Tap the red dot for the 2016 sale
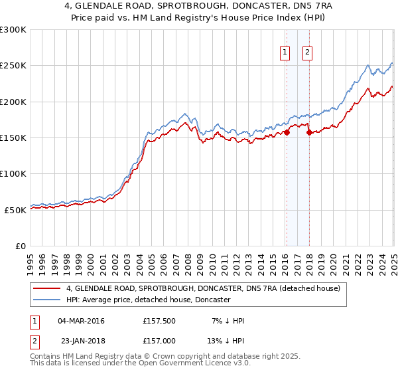[287, 132]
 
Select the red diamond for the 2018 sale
[309, 132]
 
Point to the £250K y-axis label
[13, 66]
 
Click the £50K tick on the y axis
[15, 210]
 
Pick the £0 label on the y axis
[21, 246]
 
